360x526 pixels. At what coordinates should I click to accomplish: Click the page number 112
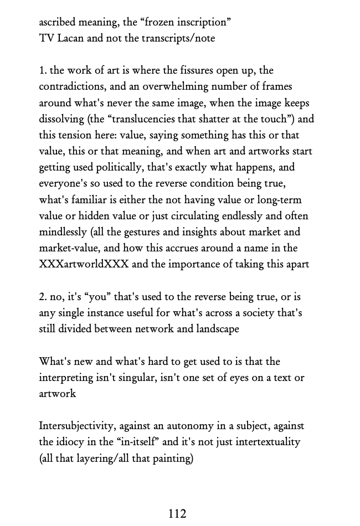[x=177, y=514]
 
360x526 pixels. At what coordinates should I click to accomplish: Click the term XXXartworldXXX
[x=84, y=264]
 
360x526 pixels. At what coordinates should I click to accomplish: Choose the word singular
[x=127, y=378]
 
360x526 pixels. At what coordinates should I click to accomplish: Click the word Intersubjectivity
[x=77, y=426]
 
